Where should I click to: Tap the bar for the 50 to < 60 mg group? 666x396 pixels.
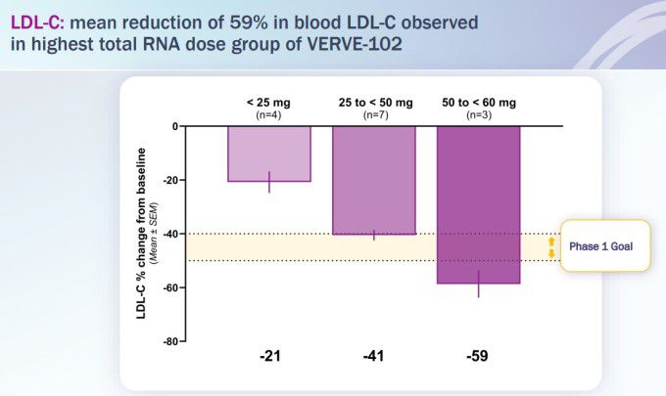[478, 204]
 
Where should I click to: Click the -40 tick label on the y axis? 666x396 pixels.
[169, 235]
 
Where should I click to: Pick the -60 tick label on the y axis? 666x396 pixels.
[169, 288]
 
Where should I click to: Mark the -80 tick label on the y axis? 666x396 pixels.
[169, 341]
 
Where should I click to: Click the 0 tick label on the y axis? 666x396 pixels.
[174, 127]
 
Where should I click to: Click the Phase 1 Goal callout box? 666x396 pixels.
[604, 246]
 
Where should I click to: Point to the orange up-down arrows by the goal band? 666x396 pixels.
[551, 247]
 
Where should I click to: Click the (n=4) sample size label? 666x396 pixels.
[269, 113]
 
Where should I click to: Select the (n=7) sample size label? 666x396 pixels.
[373, 113]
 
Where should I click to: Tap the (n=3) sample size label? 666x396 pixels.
[478, 113]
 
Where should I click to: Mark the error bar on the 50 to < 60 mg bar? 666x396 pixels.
[478, 284]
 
